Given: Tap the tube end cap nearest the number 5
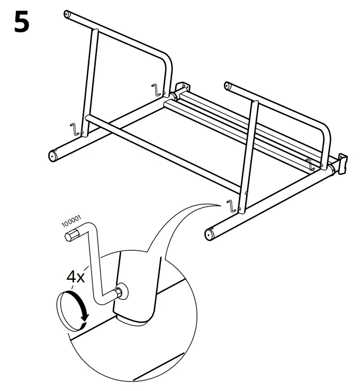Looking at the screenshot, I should pos(67,14).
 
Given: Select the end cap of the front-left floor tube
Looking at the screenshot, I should pos(52,155).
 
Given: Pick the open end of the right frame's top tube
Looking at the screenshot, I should pos(229,85).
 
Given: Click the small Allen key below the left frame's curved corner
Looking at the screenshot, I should pos(156,90).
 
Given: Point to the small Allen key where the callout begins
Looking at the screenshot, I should pos(231,206).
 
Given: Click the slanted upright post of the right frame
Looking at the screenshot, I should pos(249,154).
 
